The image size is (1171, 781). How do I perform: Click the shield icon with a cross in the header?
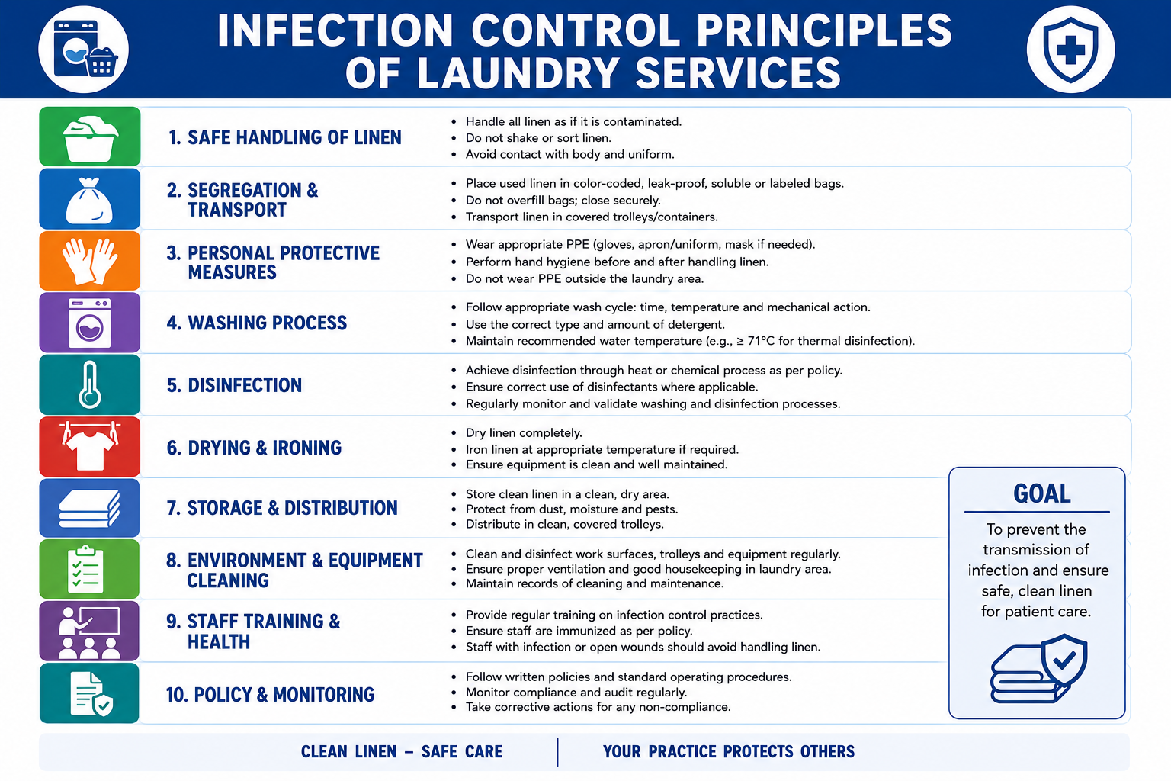(x=1070, y=50)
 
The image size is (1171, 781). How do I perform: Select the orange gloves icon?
(x=90, y=261)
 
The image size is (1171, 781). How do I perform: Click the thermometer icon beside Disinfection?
(x=90, y=384)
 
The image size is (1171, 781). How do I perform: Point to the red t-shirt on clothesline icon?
(x=90, y=446)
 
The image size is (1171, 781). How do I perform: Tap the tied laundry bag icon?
(x=90, y=199)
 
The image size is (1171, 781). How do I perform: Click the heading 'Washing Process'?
(x=257, y=323)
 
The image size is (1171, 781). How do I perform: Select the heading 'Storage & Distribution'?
(x=282, y=508)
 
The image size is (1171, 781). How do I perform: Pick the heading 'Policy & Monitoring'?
(x=271, y=695)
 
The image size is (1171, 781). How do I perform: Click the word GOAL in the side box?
(x=1042, y=493)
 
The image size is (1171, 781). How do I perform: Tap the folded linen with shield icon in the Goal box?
(x=1039, y=669)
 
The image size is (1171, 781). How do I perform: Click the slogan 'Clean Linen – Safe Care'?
(x=402, y=752)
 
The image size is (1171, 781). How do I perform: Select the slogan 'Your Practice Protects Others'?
(x=729, y=752)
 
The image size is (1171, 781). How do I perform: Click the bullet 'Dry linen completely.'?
(x=524, y=433)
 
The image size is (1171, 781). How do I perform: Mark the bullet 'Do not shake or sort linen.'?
(x=538, y=138)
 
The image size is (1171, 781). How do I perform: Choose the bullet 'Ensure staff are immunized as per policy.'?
(x=579, y=631)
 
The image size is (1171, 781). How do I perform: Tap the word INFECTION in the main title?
(x=335, y=31)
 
